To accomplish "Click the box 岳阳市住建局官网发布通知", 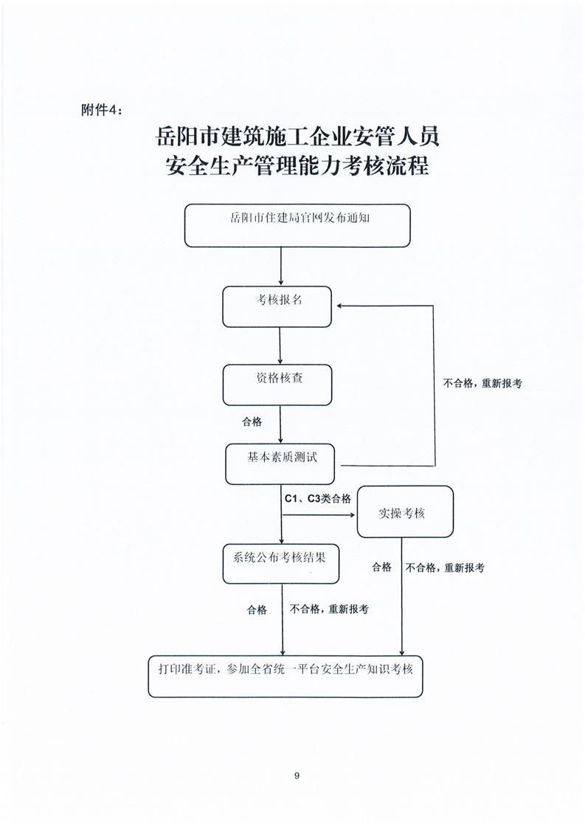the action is click(297, 226).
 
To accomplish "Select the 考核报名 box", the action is click(277, 307).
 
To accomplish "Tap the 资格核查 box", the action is click(277, 385).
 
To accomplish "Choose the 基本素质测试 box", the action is click(280, 464).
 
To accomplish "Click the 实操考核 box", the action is click(405, 511).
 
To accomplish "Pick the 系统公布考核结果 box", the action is click(280, 564).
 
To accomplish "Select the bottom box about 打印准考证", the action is click(285, 677).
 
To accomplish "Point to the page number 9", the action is click(297, 776).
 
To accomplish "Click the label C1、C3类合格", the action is click(318, 498).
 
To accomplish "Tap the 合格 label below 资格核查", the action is click(252, 421).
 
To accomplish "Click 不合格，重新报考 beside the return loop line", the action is click(482, 383).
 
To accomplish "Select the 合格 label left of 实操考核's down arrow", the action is click(381, 567).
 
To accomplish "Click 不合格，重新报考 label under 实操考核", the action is click(445, 567).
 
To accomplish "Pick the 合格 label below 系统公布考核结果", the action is click(257, 610).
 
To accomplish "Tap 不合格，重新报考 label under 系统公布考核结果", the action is click(329, 609).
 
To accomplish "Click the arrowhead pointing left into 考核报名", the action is click(340, 306).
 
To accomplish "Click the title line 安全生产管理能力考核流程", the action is click(297, 165).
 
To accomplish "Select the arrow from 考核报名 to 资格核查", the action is click(280, 346).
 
